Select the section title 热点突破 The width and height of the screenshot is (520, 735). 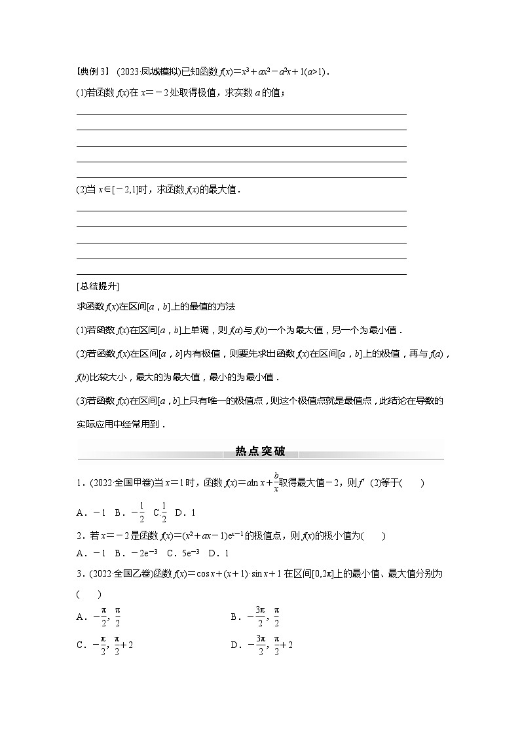(260, 451)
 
